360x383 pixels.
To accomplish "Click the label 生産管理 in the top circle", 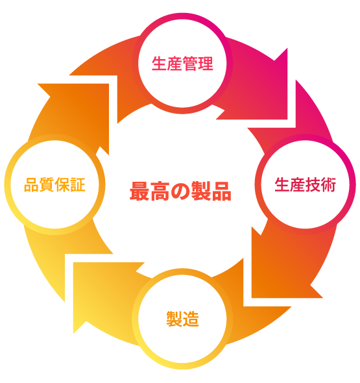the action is tap(182, 64).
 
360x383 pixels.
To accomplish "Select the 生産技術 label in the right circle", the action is tap(305, 184).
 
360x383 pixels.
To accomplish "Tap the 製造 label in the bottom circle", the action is tap(182, 319).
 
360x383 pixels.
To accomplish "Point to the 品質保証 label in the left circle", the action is tap(54, 184).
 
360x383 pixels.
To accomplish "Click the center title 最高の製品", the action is tap(180, 191).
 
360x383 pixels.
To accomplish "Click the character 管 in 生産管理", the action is tap(190, 64).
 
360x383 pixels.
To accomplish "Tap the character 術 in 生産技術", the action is tap(328, 184).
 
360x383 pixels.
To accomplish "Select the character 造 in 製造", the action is tap(191, 319).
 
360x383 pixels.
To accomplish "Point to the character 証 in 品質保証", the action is tap(78, 184).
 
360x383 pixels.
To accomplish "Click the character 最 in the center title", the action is tap(139, 191).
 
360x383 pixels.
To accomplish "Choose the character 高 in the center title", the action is tap(160, 191).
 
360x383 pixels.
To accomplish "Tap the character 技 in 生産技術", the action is tap(313, 184).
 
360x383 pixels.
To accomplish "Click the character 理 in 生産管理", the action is tap(206, 64).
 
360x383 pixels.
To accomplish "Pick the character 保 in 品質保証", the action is tap(62, 184).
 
